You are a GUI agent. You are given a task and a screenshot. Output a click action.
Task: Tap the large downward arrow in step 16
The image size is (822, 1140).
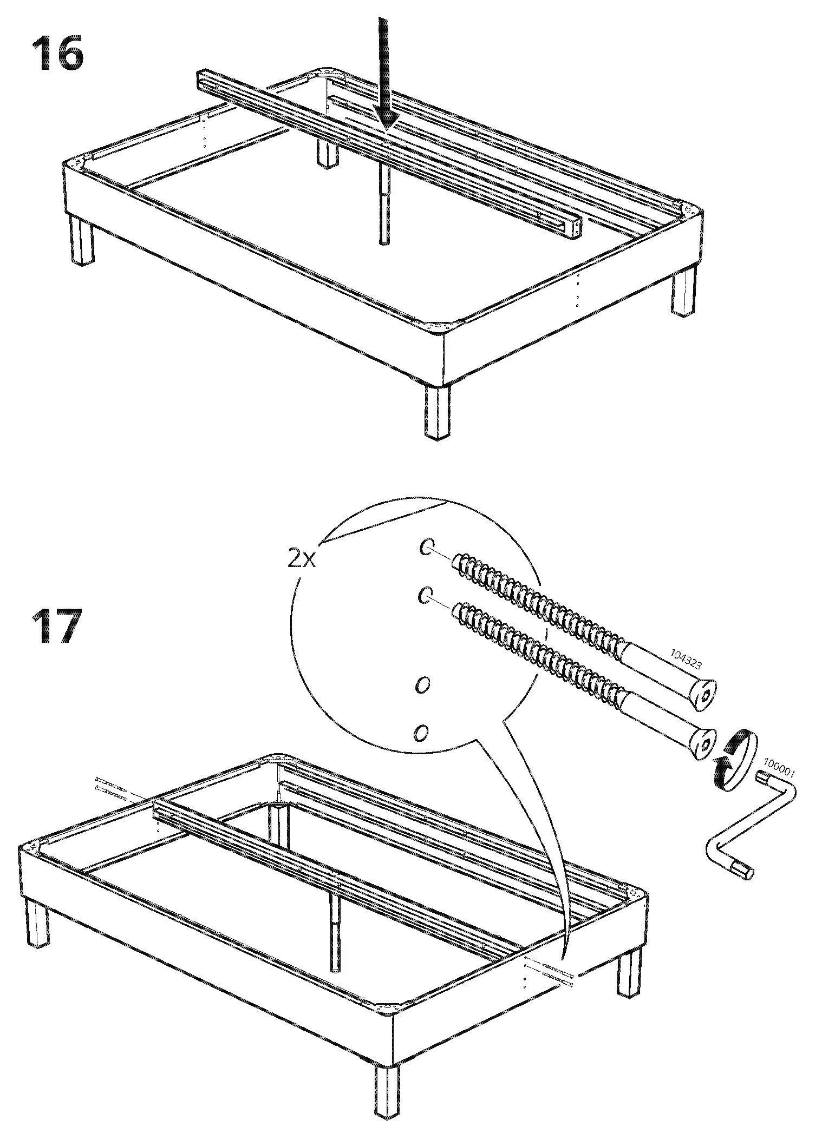(x=386, y=76)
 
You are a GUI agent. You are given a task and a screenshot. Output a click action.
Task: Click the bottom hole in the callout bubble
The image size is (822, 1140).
(x=421, y=733)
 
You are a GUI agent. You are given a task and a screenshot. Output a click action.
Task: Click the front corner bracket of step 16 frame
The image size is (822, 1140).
(x=436, y=327)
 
